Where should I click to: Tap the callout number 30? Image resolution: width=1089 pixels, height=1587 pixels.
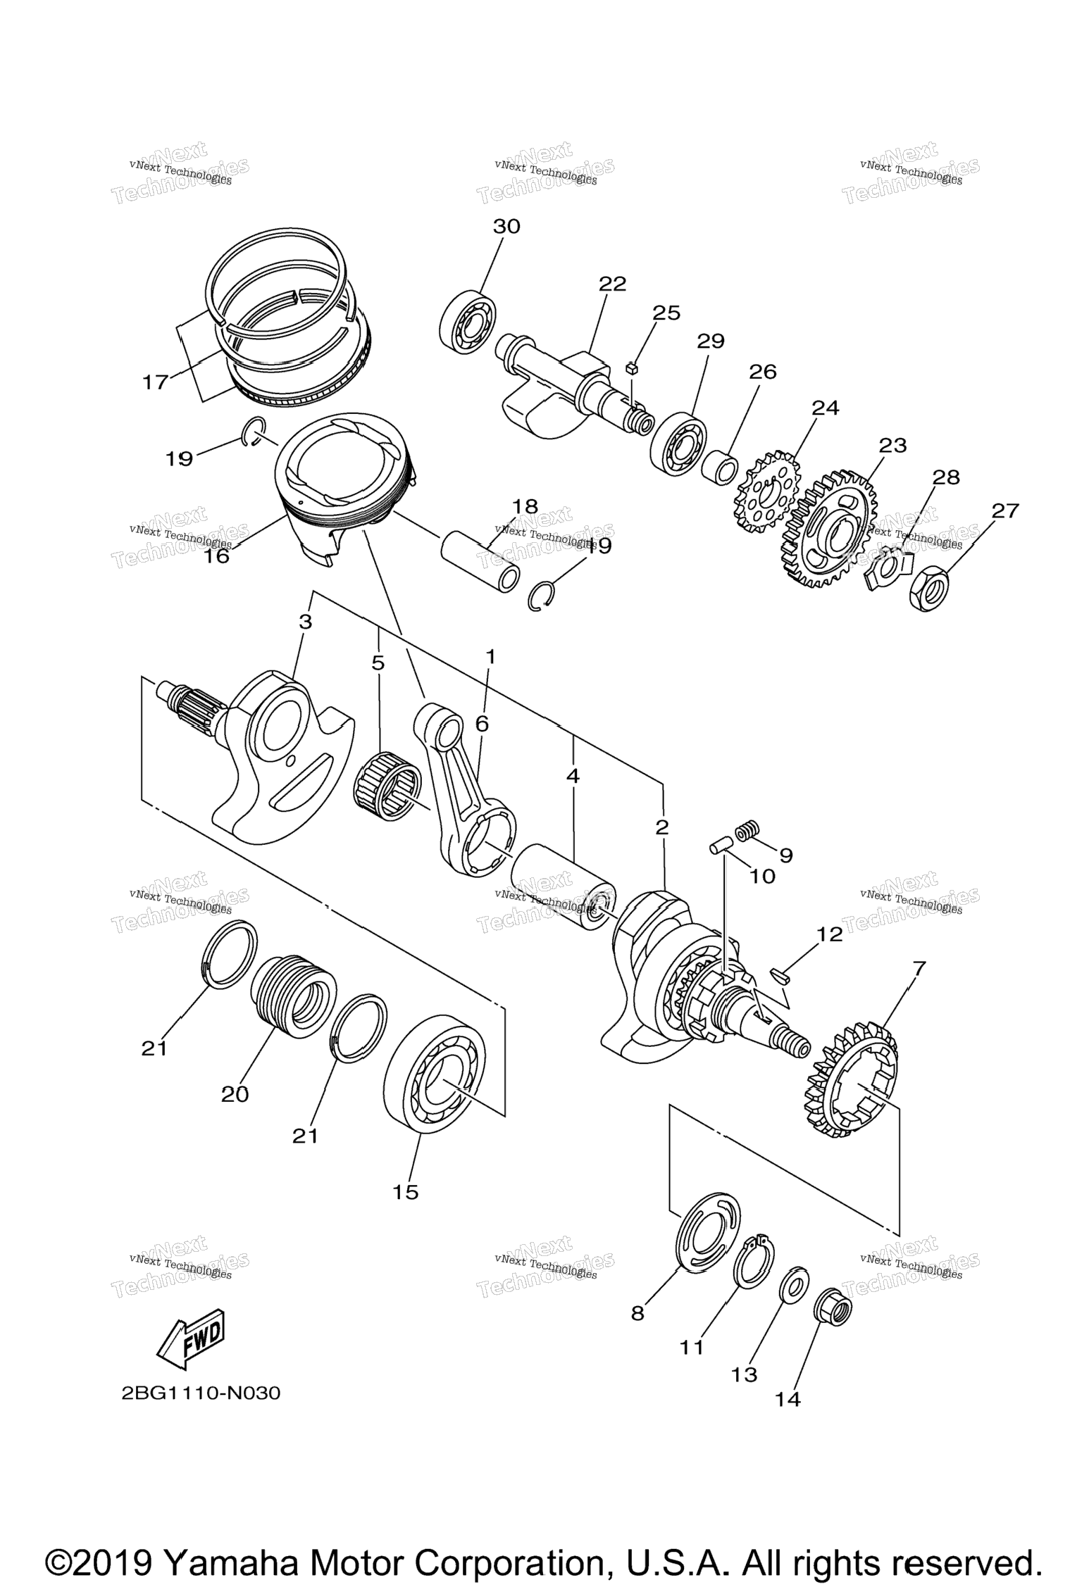[506, 227]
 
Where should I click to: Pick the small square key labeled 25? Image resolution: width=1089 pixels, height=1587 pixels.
[631, 368]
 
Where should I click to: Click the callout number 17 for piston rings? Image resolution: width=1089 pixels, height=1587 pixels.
[155, 382]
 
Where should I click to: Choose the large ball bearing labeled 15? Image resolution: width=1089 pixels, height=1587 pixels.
[435, 1073]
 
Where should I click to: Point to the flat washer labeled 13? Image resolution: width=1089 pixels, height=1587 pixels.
[793, 1286]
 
